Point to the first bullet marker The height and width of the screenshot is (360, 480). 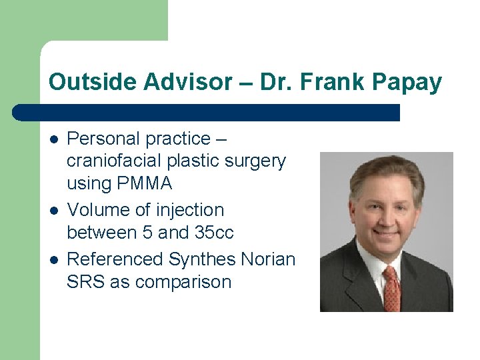coord(53,139)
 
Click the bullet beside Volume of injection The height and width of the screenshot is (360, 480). coord(53,211)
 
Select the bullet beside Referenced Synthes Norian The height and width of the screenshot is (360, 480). coord(53,259)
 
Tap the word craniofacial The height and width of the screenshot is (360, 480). coord(113,161)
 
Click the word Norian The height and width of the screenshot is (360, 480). coord(270,259)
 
